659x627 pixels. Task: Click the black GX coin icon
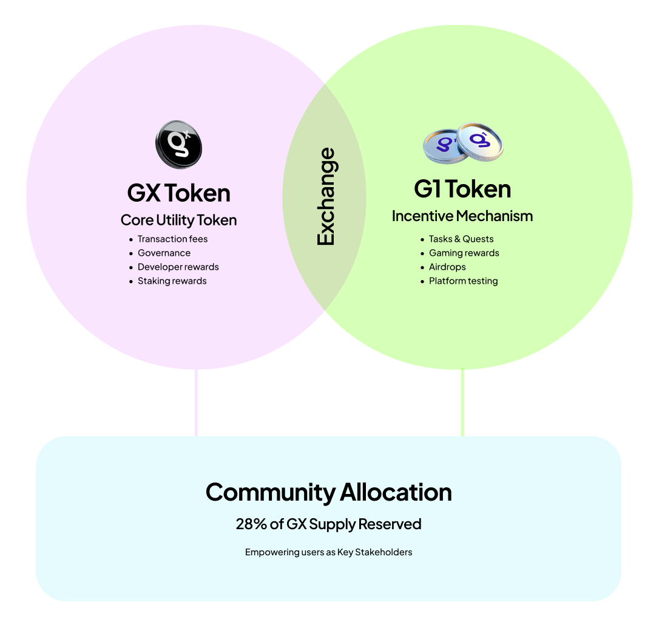tap(178, 145)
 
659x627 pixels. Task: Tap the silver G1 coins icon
tap(463, 143)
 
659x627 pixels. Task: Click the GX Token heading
tap(178, 193)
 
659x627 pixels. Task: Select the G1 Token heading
tap(462, 189)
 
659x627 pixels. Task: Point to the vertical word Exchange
tap(326, 197)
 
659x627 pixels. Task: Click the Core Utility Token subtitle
tap(178, 220)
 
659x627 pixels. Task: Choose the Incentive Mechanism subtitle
tap(462, 216)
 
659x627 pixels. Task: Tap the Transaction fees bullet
tap(172, 239)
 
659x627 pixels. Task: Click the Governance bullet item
tap(164, 253)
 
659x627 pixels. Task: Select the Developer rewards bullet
tap(178, 267)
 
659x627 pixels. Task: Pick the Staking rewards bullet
tap(172, 281)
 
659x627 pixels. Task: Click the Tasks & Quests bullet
tap(461, 239)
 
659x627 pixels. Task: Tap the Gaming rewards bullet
tap(464, 253)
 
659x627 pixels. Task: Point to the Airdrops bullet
tap(447, 267)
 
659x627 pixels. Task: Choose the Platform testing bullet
tap(463, 281)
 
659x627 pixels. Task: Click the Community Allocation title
tap(328, 492)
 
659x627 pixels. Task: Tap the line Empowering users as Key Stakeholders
tap(328, 552)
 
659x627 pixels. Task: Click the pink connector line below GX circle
tap(196, 402)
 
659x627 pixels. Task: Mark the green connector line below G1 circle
tap(462, 402)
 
